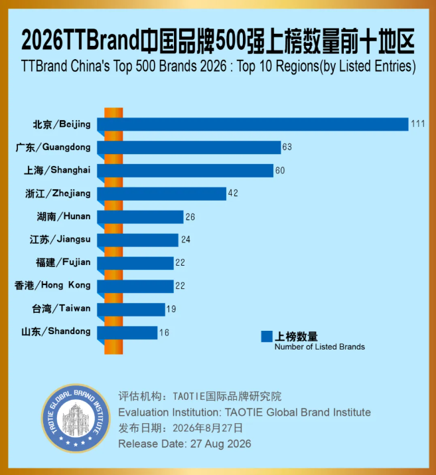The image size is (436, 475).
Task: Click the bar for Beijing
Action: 253,124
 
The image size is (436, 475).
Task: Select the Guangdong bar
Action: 189,147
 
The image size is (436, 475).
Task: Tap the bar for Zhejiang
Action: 161,194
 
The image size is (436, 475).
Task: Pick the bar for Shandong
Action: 127,333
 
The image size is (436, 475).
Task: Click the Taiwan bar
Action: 131,310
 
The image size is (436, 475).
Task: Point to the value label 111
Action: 418,124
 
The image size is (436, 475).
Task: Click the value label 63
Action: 287,147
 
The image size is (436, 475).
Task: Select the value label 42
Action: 233,193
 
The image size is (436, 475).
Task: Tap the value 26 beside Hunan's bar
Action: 190,217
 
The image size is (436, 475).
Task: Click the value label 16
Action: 164,333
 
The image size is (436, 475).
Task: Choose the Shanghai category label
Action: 57,170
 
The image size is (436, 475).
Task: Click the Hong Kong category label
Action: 52,286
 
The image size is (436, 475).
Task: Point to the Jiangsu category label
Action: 60,240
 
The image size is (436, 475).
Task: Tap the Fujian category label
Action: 63,262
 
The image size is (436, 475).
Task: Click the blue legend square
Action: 267,337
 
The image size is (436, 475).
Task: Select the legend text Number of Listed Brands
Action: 320,347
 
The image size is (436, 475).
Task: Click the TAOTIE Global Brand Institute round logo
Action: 76,419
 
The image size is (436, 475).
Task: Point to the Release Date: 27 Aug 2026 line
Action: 184,444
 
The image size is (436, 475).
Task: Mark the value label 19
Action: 171,310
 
